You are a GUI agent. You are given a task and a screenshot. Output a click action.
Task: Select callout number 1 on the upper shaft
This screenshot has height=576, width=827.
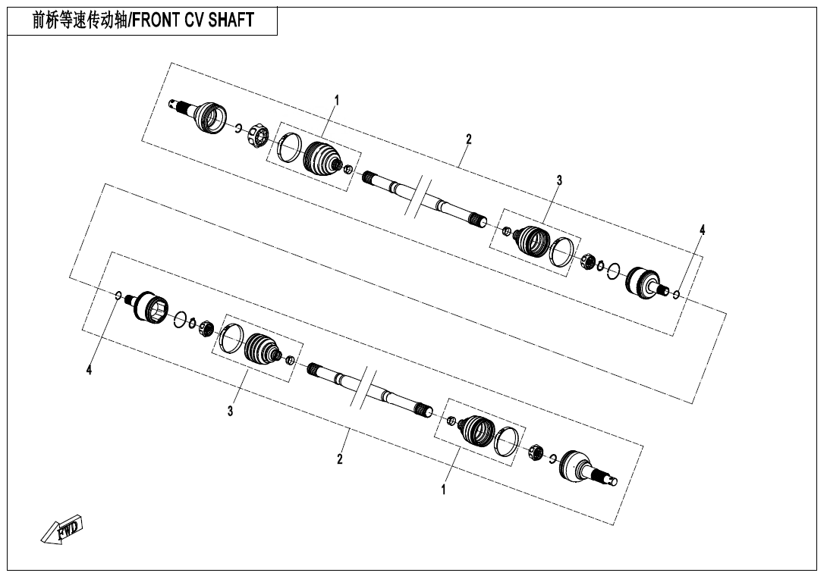[337, 100]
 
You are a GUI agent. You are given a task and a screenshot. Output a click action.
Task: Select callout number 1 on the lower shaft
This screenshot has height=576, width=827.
[444, 490]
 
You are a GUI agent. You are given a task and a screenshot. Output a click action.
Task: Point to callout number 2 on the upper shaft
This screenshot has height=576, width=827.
[469, 139]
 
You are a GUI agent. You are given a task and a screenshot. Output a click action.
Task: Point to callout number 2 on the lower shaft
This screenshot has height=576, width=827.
[340, 459]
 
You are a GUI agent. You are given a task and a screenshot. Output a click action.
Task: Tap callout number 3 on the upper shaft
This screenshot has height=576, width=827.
[559, 180]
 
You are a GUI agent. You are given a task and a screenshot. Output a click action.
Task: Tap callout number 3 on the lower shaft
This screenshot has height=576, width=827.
[230, 411]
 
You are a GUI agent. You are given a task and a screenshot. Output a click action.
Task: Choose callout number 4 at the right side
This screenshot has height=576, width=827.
[702, 230]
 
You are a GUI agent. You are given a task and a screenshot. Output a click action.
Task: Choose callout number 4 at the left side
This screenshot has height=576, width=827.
[89, 370]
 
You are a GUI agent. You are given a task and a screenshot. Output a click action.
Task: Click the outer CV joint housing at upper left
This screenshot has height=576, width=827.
[209, 117]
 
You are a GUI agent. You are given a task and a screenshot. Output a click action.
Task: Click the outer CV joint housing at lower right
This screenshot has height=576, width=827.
[577, 465]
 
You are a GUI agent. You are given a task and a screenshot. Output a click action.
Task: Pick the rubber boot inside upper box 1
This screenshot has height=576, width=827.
[322, 158]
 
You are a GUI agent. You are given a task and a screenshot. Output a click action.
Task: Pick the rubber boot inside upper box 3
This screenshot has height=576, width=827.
[531, 239]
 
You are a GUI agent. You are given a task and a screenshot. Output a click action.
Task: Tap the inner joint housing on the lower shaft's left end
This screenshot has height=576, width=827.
[152, 305]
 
